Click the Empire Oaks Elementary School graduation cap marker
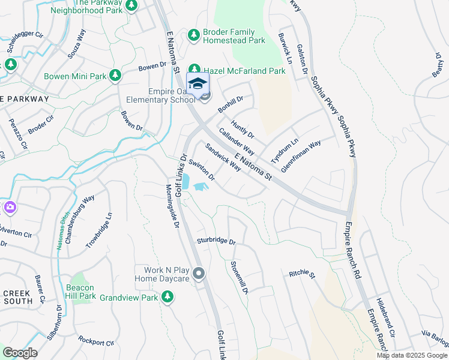(197, 84)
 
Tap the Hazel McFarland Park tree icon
(194, 70)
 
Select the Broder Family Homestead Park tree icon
(194, 35)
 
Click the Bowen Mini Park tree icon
(115, 76)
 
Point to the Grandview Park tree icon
(167, 297)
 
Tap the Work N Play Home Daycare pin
(199, 274)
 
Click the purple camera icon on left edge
(10, 208)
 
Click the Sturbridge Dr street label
(217, 241)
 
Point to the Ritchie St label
(302, 274)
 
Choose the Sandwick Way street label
(223, 157)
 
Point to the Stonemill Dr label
(240, 278)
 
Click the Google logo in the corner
(20, 353)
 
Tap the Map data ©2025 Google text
(412, 355)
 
